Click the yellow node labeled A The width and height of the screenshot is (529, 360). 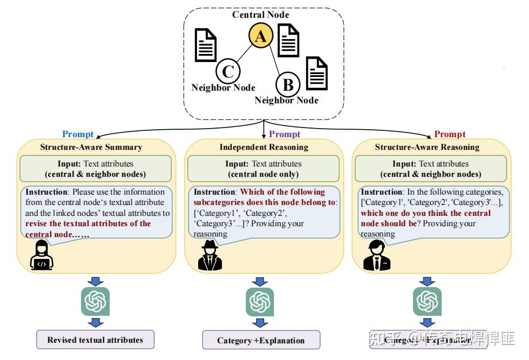(260, 37)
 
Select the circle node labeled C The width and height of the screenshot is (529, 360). (227, 72)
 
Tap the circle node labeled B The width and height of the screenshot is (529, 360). (288, 86)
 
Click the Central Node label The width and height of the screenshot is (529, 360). (260, 14)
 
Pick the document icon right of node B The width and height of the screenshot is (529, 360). (316, 73)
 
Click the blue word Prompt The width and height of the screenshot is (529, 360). (78, 134)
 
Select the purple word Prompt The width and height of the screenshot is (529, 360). (284, 134)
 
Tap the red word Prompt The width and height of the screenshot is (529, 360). (450, 134)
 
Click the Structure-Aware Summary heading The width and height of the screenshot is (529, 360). (91, 147)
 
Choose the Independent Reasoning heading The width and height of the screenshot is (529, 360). (264, 147)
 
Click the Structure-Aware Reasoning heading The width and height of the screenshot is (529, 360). (427, 147)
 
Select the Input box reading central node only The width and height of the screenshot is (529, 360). (264, 169)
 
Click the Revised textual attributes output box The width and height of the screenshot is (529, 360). (95, 339)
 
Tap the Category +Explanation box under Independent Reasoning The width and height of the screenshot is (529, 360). (261, 340)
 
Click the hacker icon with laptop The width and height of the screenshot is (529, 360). (41, 256)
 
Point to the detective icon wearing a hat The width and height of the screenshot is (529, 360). (209, 256)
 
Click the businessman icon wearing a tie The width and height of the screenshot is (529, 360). (377, 256)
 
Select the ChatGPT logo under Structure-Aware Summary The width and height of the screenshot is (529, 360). (95, 300)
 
